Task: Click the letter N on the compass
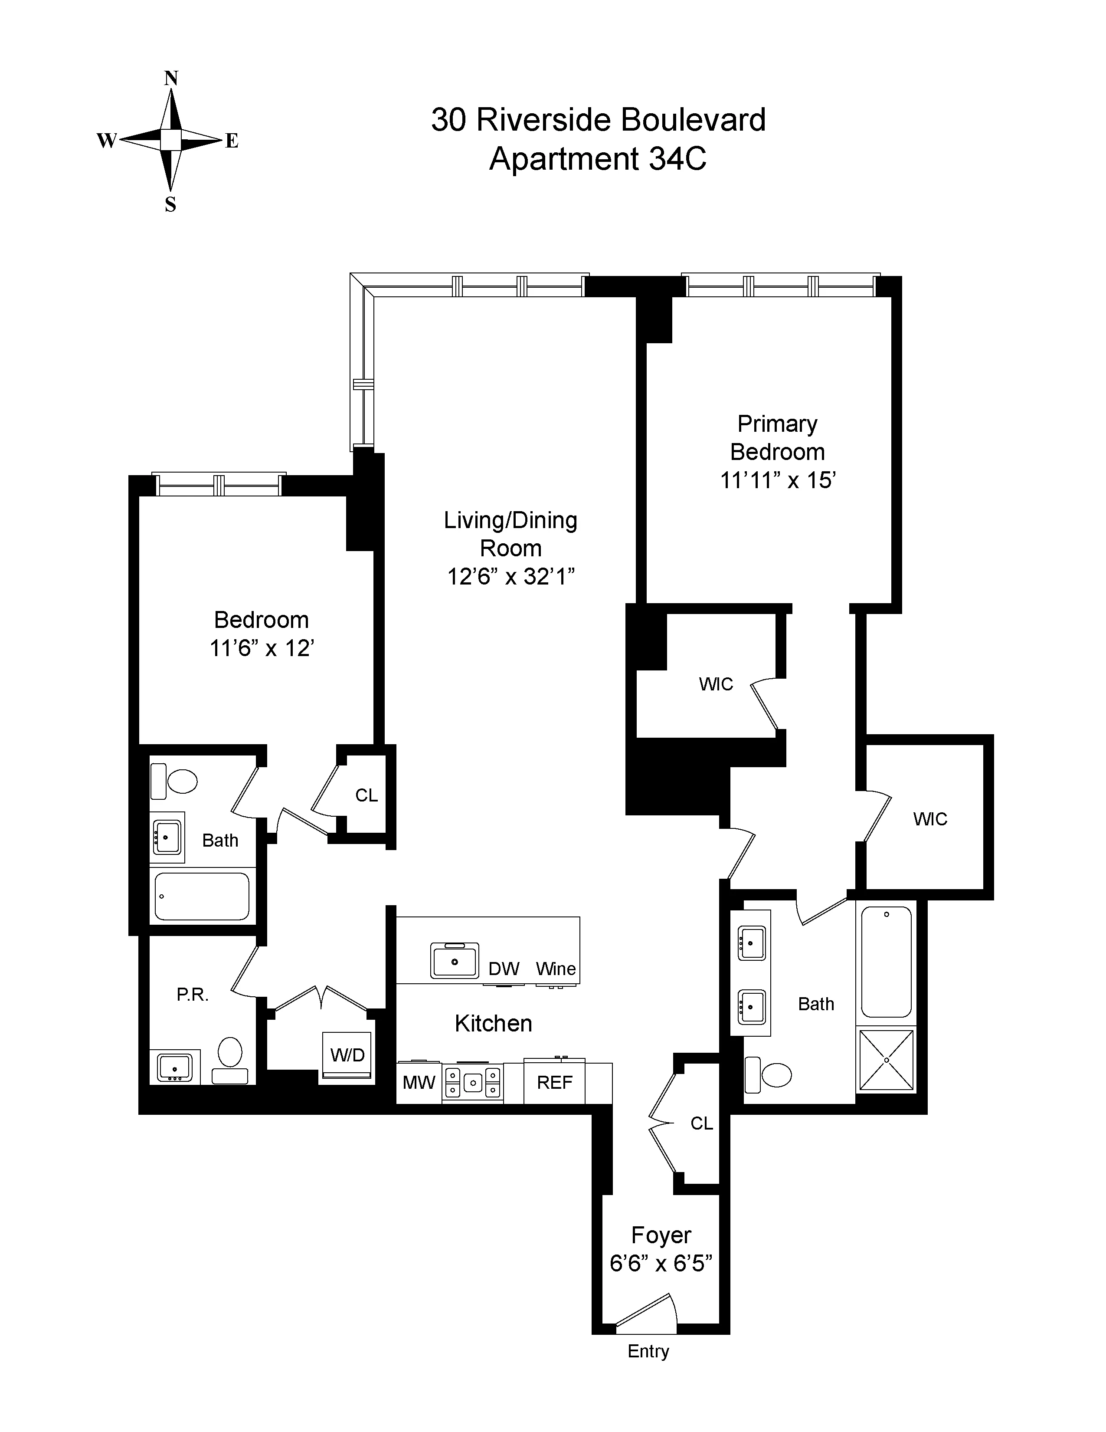(170, 79)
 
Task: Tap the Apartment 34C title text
(598, 159)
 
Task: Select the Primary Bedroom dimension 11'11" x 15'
(777, 481)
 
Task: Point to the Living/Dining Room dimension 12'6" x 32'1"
(510, 577)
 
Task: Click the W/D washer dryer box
(347, 1055)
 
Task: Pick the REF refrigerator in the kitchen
(554, 1083)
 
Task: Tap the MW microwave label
(419, 1083)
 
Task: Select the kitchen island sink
(454, 961)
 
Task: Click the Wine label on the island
(556, 969)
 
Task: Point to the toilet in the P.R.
(230, 1057)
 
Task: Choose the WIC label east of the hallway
(930, 819)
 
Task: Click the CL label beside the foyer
(701, 1123)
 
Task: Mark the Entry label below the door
(648, 1351)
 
